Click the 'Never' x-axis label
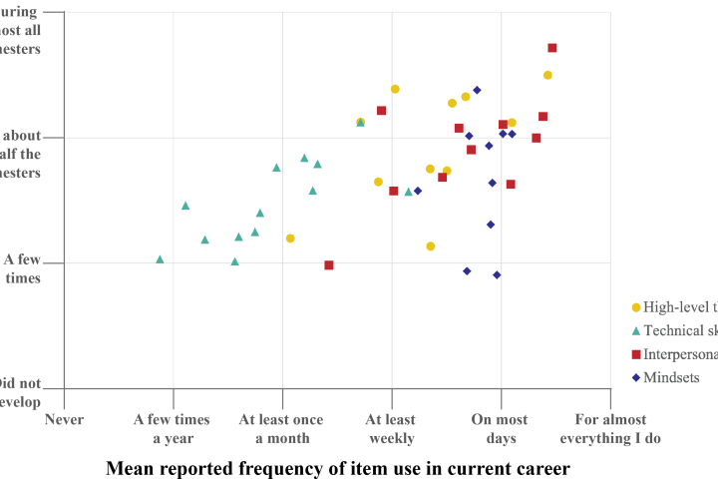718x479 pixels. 64,420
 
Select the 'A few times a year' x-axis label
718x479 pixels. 172,429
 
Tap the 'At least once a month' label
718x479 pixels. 281,429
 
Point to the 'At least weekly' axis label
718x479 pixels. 391,429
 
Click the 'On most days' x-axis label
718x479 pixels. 500,429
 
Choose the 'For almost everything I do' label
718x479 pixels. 610,429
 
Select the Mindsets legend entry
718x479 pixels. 671,377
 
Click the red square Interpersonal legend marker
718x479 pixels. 636,354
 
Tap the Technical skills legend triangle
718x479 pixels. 636,330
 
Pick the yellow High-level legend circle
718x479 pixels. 636,306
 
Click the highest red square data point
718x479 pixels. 552,48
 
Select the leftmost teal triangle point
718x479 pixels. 160,258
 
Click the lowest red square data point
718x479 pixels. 329,264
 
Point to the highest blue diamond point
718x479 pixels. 477,90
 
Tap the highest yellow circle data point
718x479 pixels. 547,75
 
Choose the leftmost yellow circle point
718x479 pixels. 290,239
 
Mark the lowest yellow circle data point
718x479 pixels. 431,245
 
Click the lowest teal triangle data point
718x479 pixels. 234,261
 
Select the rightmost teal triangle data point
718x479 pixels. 408,192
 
